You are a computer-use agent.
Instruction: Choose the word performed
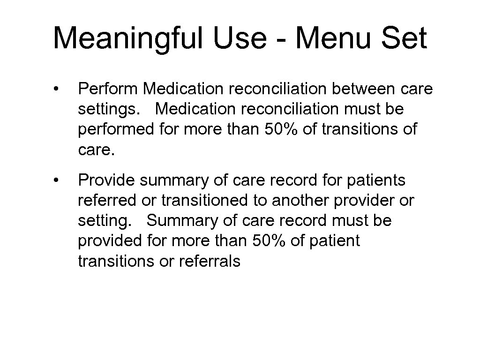point(116,129)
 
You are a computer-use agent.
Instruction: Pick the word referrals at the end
point(210,261)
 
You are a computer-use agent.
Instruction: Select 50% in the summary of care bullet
point(274,240)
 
